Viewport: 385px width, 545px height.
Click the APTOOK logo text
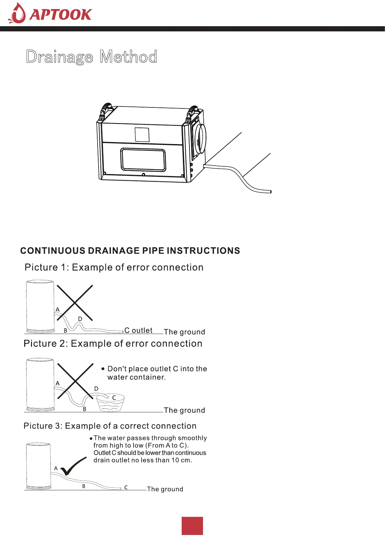60,15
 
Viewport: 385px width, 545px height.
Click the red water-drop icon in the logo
17,14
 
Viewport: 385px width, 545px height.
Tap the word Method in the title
128,57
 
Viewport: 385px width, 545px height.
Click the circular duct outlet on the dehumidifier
200,139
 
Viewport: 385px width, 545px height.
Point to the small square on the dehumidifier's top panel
142,134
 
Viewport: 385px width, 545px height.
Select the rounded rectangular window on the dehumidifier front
143,160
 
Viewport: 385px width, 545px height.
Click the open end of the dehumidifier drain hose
270,192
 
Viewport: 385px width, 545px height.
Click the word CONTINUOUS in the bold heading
53,251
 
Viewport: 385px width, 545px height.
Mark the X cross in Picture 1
75,303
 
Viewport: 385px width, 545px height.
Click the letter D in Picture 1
80,319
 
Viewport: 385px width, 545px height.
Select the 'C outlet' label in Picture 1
138,330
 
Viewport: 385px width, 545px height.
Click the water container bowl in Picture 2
111,403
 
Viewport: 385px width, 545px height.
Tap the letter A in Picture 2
58,384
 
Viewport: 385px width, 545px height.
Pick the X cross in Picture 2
75,381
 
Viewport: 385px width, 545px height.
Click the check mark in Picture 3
73,466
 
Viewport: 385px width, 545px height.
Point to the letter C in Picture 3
126,487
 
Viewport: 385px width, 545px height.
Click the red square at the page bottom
192,526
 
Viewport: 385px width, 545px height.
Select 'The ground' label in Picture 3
165,489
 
